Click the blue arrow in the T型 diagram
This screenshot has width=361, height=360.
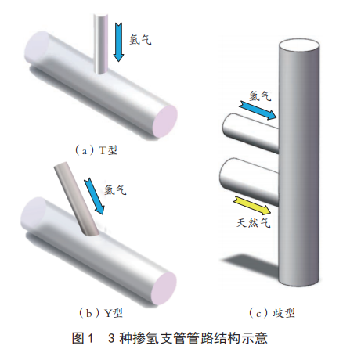(118, 42)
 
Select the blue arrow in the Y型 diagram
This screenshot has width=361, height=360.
(95, 196)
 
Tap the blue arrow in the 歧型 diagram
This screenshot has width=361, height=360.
(258, 110)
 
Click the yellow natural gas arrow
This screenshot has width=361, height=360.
(253, 206)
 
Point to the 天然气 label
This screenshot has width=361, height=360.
(254, 223)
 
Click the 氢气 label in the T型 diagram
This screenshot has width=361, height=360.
(140, 40)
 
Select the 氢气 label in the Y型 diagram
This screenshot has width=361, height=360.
(115, 189)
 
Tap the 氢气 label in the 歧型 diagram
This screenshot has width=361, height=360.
(260, 95)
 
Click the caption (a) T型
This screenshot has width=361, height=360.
(96, 150)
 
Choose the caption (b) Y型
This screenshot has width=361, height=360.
(100, 313)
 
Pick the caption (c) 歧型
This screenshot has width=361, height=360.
(272, 313)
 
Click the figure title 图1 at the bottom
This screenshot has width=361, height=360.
(83, 338)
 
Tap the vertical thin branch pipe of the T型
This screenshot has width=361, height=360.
(100, 44)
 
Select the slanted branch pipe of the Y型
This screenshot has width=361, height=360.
(76, 198)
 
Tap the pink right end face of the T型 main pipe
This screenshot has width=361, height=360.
(165, 121)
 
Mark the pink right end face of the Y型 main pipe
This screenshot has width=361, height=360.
(164, 288)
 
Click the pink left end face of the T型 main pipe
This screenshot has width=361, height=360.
(37, 47)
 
